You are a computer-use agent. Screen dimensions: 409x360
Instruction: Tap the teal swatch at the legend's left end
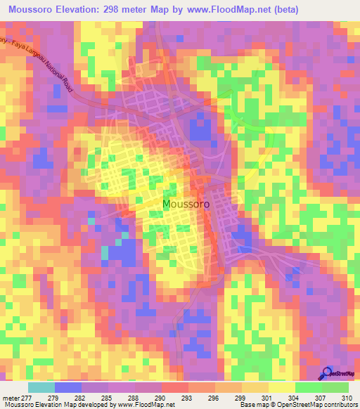41,387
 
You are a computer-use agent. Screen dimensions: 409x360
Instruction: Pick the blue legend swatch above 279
68,387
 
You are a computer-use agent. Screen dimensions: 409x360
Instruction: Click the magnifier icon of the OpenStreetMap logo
326,373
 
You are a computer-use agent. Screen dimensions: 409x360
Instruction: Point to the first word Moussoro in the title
34,9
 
